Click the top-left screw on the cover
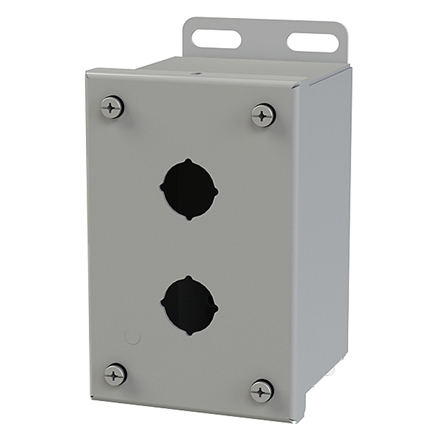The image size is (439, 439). [x=112, y=107]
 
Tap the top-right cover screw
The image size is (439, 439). [x=263, y=115]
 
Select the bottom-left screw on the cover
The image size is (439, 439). [x=115, y=375]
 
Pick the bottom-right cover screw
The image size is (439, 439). [x=262, y=391]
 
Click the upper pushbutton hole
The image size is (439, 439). [x=189, y=189]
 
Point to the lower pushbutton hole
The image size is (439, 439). [x=189, y=305]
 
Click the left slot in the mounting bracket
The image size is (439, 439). [x=215, y=39]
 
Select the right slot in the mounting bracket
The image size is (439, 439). [x=313, y=43]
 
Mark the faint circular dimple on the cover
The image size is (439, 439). [x=133, y=337]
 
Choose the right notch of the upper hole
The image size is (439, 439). [x=216, y=192]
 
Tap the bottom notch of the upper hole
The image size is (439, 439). [x=189, y=218]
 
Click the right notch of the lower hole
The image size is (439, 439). [x=216, y=307]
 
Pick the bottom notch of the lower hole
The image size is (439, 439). [x=190, y=333]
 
